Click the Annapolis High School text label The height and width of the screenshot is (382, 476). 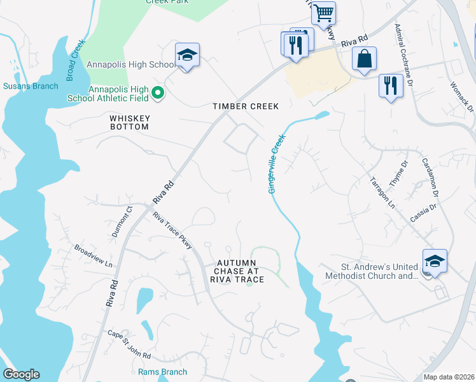[131, 65]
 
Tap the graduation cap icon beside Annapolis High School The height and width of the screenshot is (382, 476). [187, 56]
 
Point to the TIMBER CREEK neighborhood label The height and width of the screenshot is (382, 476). [246, 106]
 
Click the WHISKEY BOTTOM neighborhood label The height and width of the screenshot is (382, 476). [129, 122]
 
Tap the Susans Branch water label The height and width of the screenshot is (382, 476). [31, 86]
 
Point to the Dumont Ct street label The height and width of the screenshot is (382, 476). [122, 221]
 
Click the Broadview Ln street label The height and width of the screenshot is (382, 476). [93, 256]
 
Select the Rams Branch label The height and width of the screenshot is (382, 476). [163, 372]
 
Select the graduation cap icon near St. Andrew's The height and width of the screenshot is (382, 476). [435, 262]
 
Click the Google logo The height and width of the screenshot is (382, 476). [21, 374]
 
